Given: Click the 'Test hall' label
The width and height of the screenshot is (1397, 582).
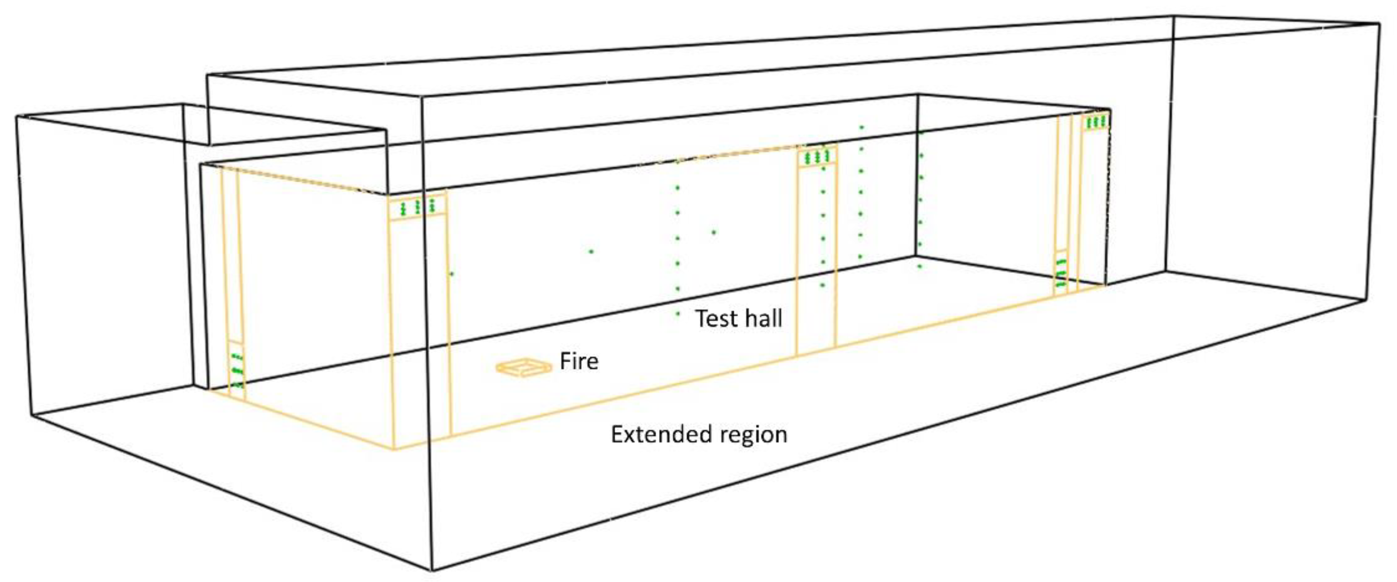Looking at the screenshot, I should click(738, 318).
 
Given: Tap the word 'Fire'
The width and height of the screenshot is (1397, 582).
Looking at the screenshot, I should click(578, 361).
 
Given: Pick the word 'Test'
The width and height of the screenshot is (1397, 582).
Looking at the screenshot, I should click(715, 318).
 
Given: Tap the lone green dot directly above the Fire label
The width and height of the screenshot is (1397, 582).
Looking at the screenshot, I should click(591, 251).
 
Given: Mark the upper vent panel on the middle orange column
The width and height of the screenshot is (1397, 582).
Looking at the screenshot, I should click(817, 157).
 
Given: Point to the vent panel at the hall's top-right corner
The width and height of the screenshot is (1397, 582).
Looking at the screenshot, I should click(1095, 122).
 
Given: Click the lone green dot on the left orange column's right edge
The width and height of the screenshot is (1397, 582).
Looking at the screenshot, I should click(451, 274).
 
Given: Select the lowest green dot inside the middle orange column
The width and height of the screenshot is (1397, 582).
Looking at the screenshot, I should click(823, 285).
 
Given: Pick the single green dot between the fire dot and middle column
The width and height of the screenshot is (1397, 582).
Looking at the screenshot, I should click(714, 232).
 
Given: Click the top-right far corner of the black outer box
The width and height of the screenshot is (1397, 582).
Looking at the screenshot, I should click(1380, 23).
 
